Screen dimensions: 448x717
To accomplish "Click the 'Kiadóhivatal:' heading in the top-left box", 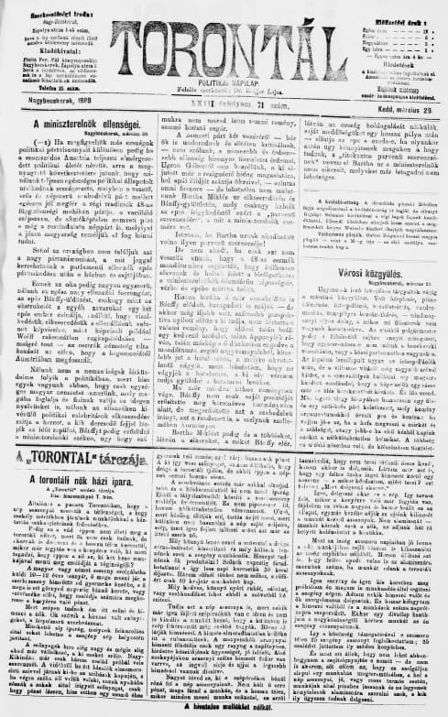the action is [53, 52].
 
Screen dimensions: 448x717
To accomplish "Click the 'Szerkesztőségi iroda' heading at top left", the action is [52, 7].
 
